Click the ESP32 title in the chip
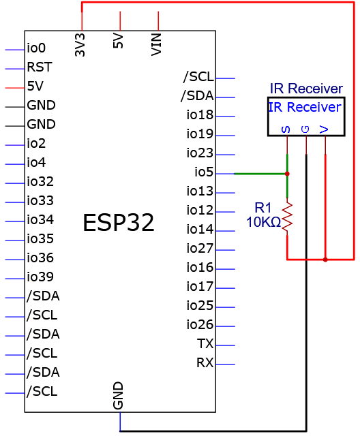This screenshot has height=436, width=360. tap(119, 223)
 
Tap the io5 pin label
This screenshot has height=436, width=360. tap(204, 172)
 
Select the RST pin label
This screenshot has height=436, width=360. tap(40, 67)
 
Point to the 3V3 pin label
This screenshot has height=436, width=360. tap(80, 45)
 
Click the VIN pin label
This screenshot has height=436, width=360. tap(156, 44)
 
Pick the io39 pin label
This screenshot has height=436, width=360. tap(40, 277)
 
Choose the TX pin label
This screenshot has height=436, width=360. tap(205, 343)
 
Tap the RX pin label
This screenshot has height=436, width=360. tap(205, 362)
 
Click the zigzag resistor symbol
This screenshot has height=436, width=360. tap(287, 217)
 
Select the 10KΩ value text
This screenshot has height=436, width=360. tap(263, 222)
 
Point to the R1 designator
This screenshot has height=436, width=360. tap(262, 208)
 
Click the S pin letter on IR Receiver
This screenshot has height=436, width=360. tap(286, 129)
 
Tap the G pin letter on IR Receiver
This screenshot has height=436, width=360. tap(305, 129)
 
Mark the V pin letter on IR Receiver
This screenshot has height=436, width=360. tap(324, 129)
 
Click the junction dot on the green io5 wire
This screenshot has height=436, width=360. tap(287, 174)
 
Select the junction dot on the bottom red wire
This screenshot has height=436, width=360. tap(325, 260)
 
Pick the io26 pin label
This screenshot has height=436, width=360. tap(200, 324)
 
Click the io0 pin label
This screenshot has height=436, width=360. tap(36, 48)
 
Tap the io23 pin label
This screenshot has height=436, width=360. tap(200, 153)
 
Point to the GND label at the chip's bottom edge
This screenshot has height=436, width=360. tap(118, 395)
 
